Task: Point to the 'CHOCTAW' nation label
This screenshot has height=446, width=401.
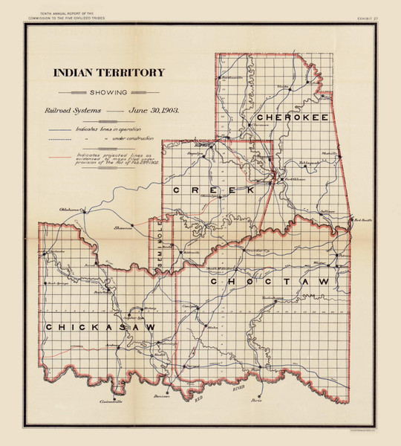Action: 268,282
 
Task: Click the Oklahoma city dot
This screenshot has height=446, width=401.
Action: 85,211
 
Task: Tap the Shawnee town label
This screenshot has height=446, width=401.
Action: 122,228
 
